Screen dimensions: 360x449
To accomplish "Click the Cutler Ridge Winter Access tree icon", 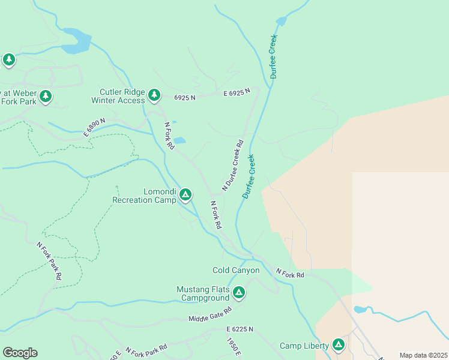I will click(155, 95).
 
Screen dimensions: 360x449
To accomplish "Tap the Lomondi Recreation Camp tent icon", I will click(186, 194).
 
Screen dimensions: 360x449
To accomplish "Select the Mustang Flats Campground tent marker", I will click(239, 292).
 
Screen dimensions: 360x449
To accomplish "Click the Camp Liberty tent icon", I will click(339, 344).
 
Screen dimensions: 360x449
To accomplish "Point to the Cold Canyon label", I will click(236, 271).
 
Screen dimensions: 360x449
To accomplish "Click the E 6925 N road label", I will click(237, 94).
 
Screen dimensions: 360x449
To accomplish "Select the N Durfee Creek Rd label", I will click(233, 166).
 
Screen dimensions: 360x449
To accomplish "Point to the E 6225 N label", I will click(240, 329).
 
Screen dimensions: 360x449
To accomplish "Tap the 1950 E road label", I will click(234, 347).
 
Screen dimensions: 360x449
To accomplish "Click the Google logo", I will click(20, 353).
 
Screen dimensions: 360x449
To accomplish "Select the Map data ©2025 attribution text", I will click(423, 355).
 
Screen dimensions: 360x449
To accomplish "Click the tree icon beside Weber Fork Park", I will click(45, 96).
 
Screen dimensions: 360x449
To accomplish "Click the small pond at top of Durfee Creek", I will click(280, 22).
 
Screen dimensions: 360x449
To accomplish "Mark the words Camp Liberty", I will click(304, 346).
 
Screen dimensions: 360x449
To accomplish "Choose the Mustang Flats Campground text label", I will click(203, 293).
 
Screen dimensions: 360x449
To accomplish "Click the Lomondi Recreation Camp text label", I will click(144, 196).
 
